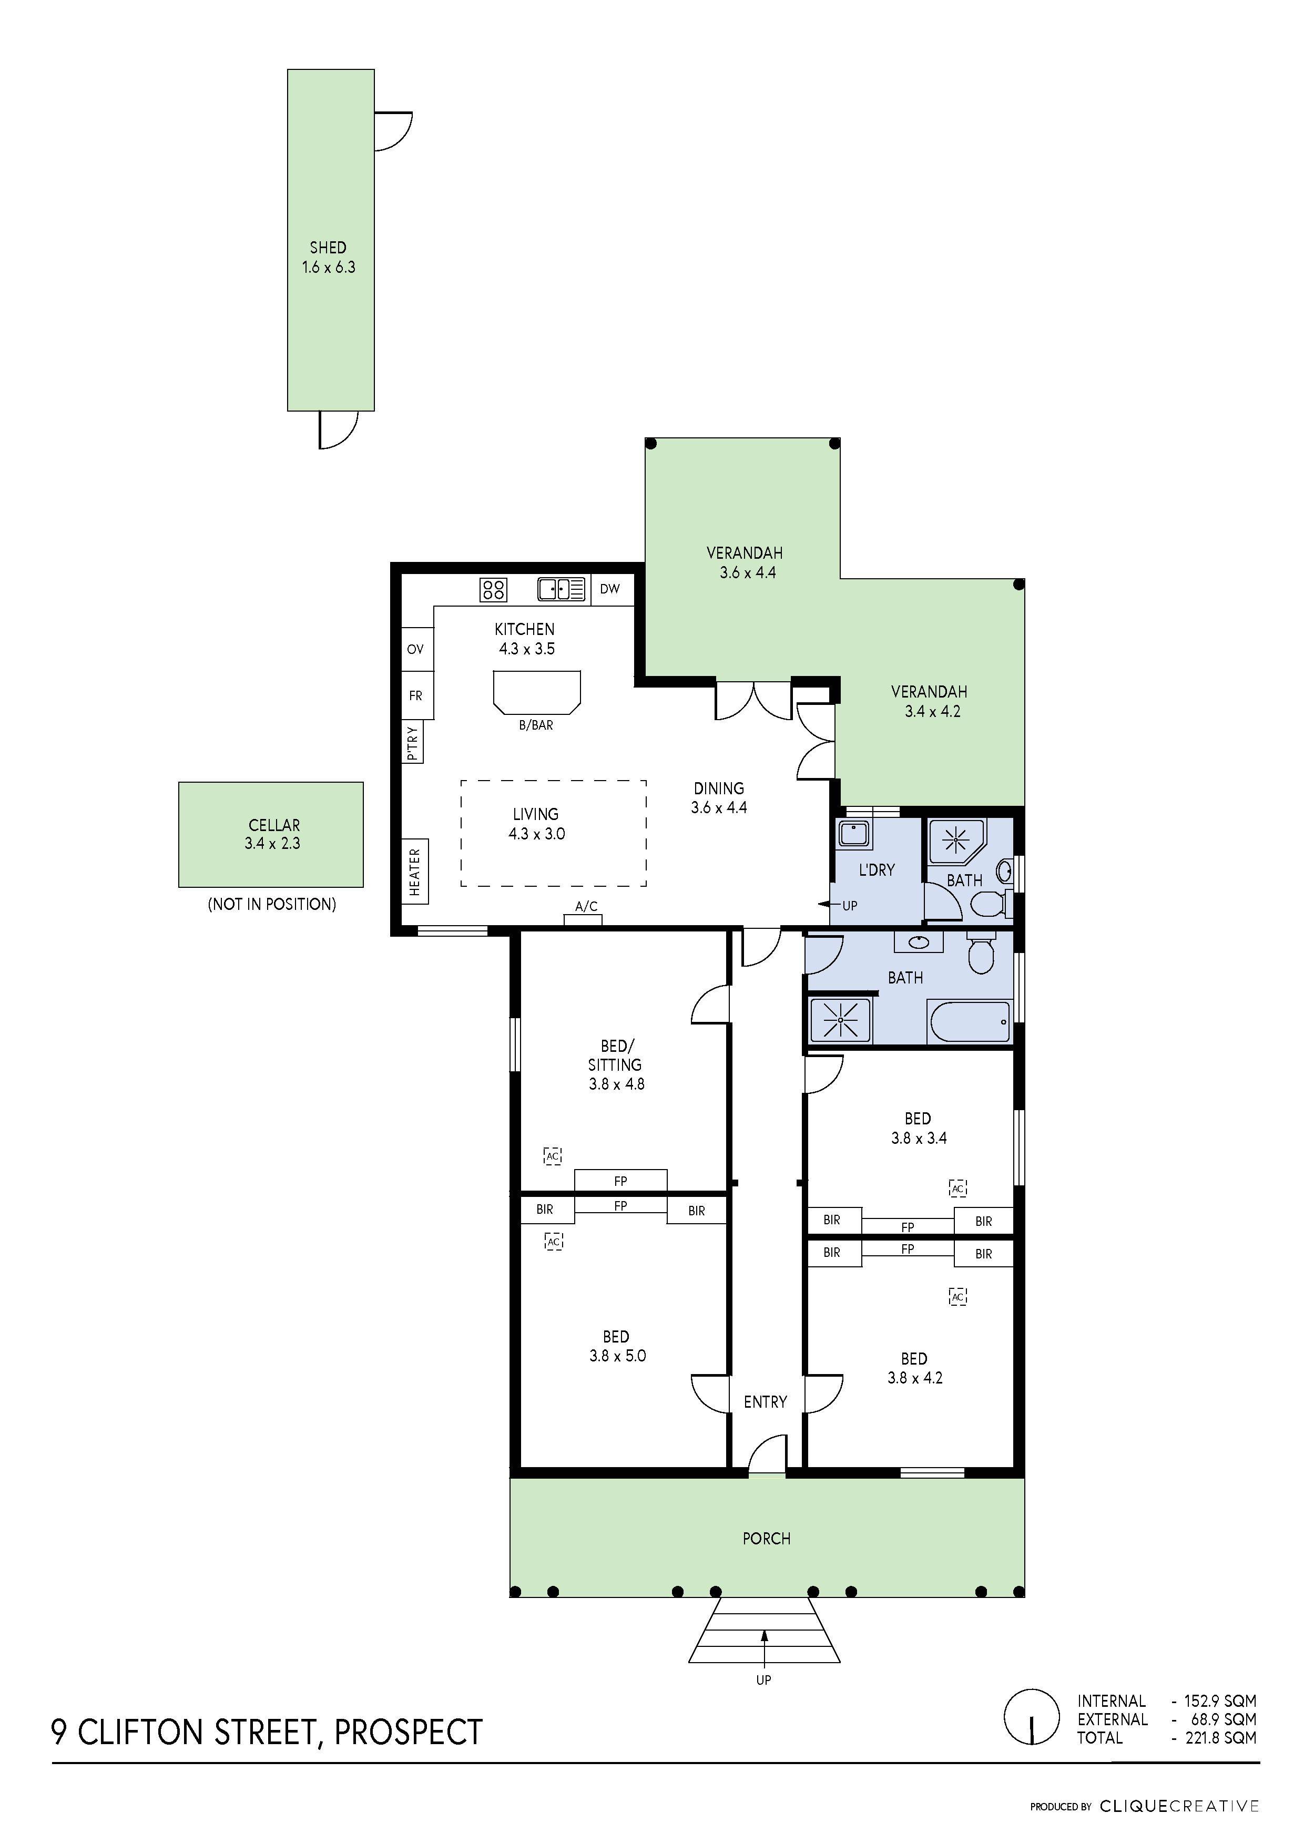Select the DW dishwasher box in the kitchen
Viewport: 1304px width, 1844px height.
(x=610, y=589)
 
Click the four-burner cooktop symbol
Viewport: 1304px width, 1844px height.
(x=493, y=589)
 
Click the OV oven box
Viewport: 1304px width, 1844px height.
(x=415, y=649)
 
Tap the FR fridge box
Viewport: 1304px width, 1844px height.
(x=415, y=695)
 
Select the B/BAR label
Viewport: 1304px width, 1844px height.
(x=536, y=725)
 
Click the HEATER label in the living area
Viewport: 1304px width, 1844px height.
(x=414, y=872)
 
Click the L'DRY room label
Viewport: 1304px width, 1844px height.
(x=876, y=870)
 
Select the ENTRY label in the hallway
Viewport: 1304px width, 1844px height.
(x=765, y=1401)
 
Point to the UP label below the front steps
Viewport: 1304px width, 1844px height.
(x=763, y=1679)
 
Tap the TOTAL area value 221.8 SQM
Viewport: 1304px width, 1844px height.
(x=1220, y=1738)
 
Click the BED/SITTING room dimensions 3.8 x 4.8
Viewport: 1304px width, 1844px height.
(x=616, y=1083)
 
